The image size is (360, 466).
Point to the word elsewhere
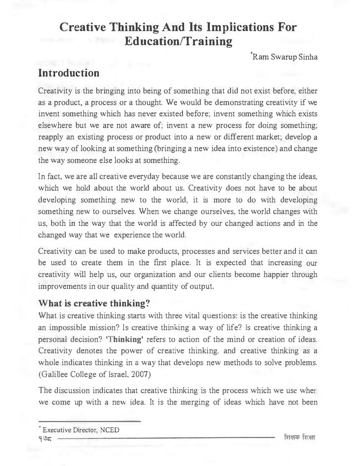(x=56, y=126)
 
